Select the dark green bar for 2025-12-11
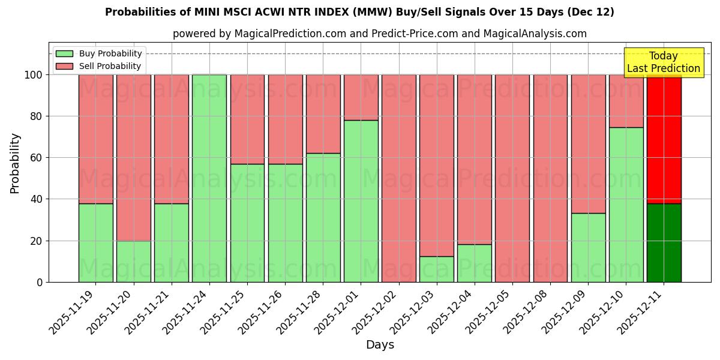[x=664, y=242]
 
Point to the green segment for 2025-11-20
[x=133, y=261]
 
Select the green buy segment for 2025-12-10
[x=626, y=205]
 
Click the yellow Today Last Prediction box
[x=663, y=62]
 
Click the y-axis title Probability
[x=15, y=163]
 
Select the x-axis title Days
[x=380, y=345]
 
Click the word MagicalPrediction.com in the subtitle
[x=290, y=34]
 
